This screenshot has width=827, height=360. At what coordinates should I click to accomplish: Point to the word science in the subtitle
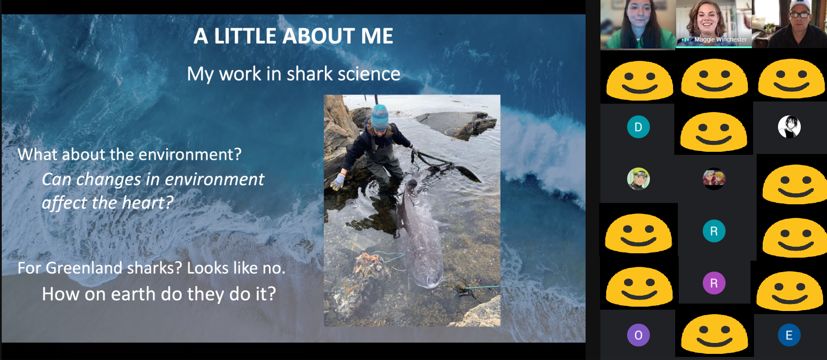coord(369,74)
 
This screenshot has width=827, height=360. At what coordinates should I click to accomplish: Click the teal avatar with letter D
coord(638,127)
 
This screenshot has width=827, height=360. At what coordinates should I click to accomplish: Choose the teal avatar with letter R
coord(714,231)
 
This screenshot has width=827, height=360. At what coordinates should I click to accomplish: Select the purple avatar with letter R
coord(714,283)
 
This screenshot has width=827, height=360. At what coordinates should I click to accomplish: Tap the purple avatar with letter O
coord(638,335)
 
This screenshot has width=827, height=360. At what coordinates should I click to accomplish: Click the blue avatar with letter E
coord(789,335)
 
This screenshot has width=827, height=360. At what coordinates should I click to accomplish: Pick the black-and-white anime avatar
coord(789,127)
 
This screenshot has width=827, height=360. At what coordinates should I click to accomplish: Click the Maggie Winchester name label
coord(720,39)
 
